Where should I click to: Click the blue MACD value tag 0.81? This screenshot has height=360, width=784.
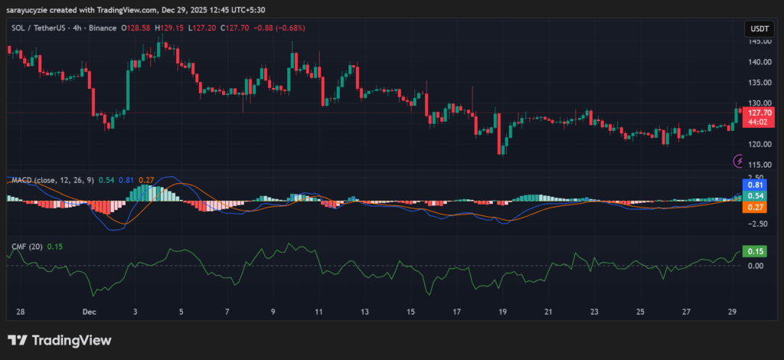[x=756, y=185]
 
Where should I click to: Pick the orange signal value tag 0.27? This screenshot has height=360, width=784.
[x=756, y=207]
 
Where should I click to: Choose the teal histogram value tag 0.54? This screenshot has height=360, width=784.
[x=756, y=196]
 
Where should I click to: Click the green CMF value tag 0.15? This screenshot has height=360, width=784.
[x=756, y=251]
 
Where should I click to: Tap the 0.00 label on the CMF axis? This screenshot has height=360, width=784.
[x=755, y=266]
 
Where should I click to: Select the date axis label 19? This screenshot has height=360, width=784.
[x=502, y=313]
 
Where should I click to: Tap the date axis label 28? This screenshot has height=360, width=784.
[x=21, y=313]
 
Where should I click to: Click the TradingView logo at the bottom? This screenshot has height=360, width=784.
[x=60, y=340]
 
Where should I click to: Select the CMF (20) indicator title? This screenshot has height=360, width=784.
[x=27, y=247]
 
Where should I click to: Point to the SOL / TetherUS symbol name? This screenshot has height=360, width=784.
[x=41, y=28]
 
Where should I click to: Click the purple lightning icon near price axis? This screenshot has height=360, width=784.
[x=739, y=161]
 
